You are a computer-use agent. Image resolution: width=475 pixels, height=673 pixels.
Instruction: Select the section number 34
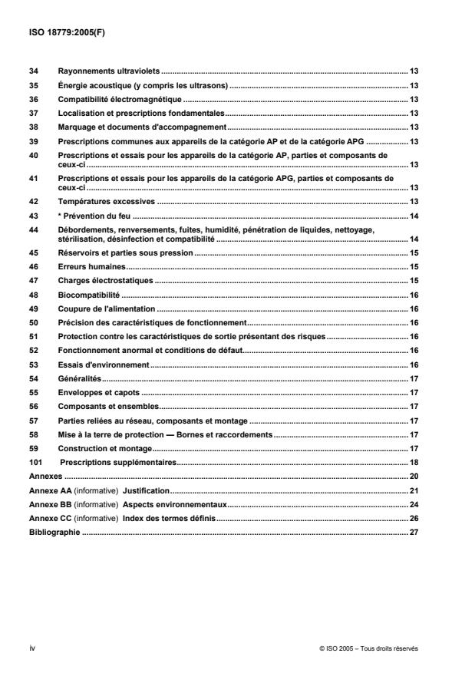click(x=33, y=71)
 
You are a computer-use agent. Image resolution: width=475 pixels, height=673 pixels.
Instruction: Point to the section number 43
click(x=33, y=216)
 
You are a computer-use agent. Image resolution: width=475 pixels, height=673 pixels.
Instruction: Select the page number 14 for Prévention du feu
click(x=414, y=216)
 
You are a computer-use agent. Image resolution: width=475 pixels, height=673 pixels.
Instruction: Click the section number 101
click(x=35, y=463)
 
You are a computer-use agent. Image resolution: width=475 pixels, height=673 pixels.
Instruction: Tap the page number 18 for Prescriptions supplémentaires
click(x=414, y=463)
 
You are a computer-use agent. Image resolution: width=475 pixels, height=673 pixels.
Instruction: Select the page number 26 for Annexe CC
click(x=414, y=519)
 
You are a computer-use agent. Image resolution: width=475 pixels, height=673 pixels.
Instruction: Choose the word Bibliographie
click(x=54, y=533)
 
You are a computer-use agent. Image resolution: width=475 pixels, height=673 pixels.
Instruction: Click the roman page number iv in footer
click(x=31, y=648)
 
